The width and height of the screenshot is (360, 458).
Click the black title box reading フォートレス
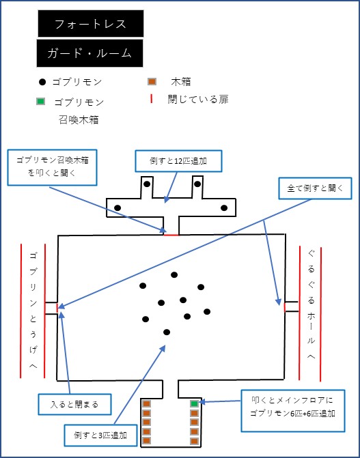click(x=91, y=24)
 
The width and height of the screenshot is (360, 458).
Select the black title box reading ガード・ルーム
click(x=89, y=53)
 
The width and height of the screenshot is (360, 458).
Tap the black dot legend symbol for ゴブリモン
click(x=43, y=82)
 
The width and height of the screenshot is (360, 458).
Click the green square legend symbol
click(x=41, y=102)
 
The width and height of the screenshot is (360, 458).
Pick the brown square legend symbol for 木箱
click(x=152, y=82)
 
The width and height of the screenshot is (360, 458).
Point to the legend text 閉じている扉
click(x=198, y=100)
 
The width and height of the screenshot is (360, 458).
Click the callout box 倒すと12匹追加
click(x=178, y=161)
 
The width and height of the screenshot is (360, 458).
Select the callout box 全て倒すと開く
click(x=315, y=188)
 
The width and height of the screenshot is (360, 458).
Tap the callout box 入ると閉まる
click(x=74, y=404)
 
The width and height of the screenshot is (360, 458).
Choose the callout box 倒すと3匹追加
click(x=100, y=435)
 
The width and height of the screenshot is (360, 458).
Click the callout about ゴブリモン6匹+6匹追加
click(x=293, y=411)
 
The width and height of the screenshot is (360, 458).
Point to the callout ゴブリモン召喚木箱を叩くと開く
click(x=52, y=168)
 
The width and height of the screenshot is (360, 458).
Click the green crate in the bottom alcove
click(x=194, y=403)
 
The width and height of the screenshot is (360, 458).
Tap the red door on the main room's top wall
click(x=171, y=235)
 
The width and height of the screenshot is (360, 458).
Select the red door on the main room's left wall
click(x=57, y=306)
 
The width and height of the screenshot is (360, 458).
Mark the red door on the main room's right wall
click(x=285, y=307)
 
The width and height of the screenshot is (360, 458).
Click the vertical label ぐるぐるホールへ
click(x=311, y=304)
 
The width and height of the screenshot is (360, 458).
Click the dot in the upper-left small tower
click(x=147, y=184)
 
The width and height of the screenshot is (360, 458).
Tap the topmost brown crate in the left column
click(x=146, y=403)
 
